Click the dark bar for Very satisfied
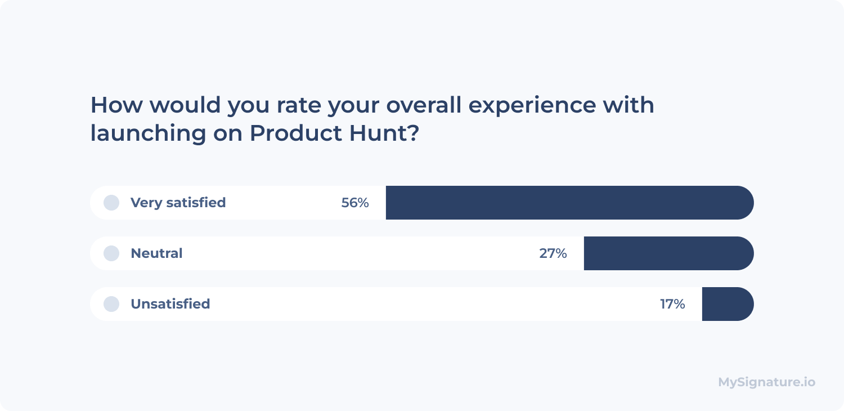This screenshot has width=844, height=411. tap(569, 203)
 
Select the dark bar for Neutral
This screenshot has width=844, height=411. tap(669, 253)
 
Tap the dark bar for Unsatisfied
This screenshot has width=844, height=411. tap(728, 304)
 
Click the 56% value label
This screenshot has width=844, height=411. tap(355, 203)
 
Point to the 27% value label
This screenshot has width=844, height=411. tap(553, 253)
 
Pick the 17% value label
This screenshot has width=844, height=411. tap(672, 304)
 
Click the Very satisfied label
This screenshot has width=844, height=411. tap(178, 203)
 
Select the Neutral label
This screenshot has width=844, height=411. tap(156, 253)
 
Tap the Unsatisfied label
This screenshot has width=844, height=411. tap(170, 304)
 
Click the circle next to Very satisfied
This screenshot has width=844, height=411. tap(111, 203)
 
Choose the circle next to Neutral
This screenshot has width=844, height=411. tap(111, 253)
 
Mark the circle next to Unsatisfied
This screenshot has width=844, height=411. tap(111, 304)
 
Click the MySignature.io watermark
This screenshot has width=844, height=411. tap(767, 382)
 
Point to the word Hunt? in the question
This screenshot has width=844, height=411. tap(384, 133)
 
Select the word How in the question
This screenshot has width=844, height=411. tap(116, 105)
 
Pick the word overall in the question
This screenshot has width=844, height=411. tap(424, 105)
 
